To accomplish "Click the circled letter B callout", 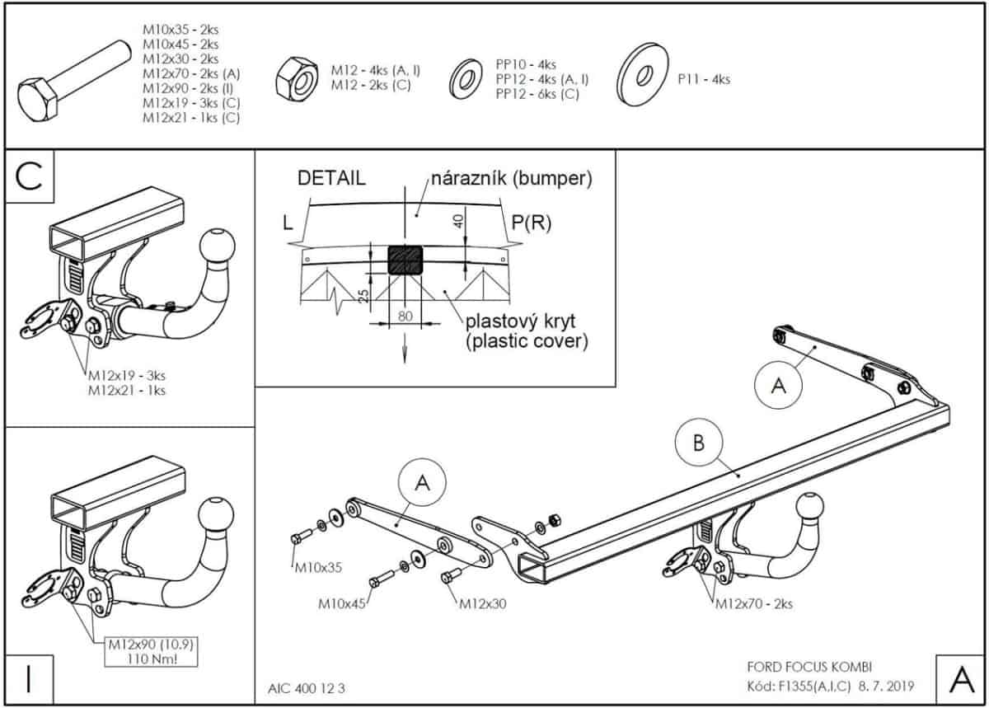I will click(698, 444).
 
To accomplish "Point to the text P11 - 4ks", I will click(703, 80).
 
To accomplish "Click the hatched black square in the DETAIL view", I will click(405, 260).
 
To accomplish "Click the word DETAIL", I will click(331, 179).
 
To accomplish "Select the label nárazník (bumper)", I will click(510, 177).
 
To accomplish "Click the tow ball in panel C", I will click(218, 245).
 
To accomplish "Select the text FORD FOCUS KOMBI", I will click(798, 667).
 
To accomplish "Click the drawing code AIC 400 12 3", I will click(307, 689).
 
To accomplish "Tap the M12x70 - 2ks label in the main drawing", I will click(753, 603).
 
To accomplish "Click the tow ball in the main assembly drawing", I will click(810, 509).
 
